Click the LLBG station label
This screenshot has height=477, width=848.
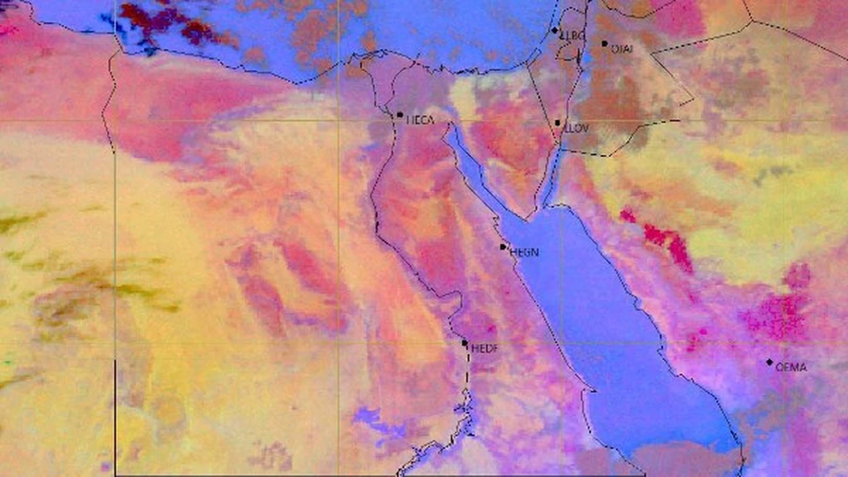pyautogui.click(x=573, y=36)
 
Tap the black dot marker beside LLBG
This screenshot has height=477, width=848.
pyautogui.click(x=555, y=30)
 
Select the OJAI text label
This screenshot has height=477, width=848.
pyautogui.click(x=621, y=49)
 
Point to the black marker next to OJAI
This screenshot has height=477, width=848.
pyautogui.click(x=604, y=44)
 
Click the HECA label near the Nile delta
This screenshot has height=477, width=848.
pyautogui.click(x=420, y=120)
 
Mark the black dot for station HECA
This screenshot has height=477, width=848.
pyautogui.click(x=400, y=115)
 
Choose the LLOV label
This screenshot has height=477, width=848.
pyautogui.click(x=576, y=128)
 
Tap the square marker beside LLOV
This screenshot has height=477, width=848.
pyautogui.click(x=558, y=123)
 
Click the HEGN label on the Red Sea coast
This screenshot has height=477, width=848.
pyautogui.click(x=524, y=252)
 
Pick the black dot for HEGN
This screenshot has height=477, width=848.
pyautogui.click(x=503, y=247)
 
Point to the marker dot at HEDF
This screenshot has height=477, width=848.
pyautogui.click(x=465, y=343)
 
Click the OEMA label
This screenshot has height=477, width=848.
pyautogui.click(x=791, y=367)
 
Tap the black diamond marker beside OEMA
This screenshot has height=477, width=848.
pyautogui.click(x=769, y=362)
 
